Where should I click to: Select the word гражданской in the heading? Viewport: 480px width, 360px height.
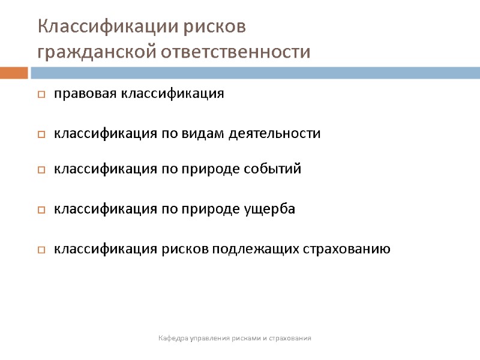tap(96, 52)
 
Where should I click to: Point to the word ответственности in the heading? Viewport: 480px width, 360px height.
tap(236, 52)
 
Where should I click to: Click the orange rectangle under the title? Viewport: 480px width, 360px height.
tap(14, 73)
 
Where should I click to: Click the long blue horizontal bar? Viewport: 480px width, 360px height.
tap(255, 73)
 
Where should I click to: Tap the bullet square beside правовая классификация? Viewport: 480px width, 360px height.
tap(41, 95)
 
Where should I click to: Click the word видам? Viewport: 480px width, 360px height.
tap(202, 133)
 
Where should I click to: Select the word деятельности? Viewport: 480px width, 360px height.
tap(275, 133)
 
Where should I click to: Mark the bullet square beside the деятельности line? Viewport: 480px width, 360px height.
tap(41, 134)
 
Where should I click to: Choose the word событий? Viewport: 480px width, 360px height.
tap(273, 169)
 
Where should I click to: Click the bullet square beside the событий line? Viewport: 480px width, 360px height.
tap(41, 170)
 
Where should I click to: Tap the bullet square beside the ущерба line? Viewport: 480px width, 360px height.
tap(41, 211)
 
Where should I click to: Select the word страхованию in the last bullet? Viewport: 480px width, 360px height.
tap(343, 249)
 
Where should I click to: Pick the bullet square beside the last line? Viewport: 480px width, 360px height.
tap(41, 250)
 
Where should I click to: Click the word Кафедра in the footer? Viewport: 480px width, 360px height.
tap(173, 339)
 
